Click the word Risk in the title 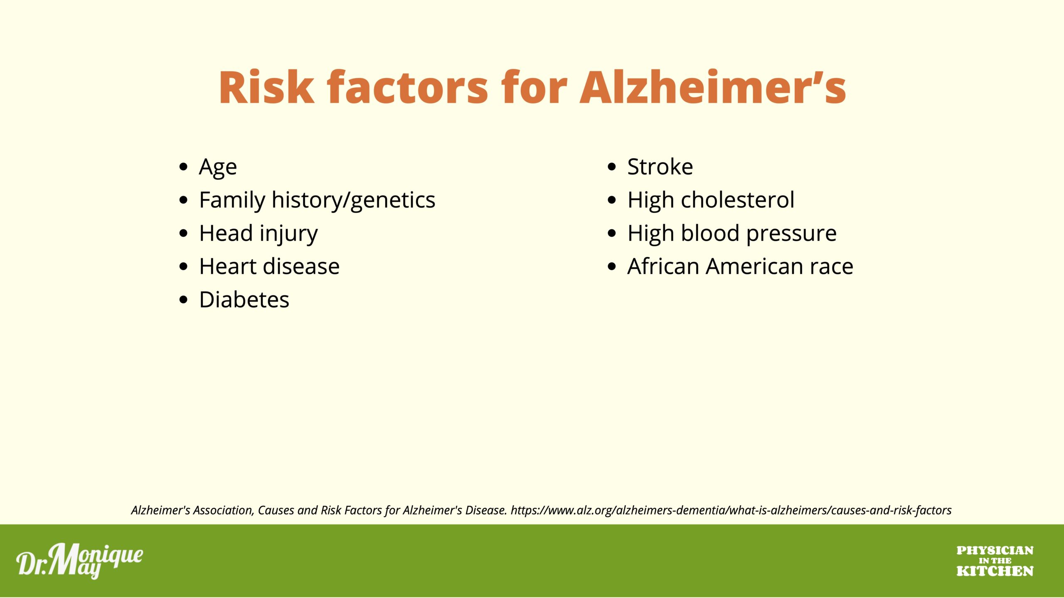click(x=266, y=87)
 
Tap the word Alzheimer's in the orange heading click(x=713, y=87)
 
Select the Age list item click(x=218, y=167)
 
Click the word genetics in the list click(x=393, y=201)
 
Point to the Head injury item click(x=259, y=234)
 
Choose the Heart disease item click(x=269, y=266)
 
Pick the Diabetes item click(x=244, y=299)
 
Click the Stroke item click(x=660, y=167)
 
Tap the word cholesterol click(x=738, y=200)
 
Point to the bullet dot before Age click(x=183, y=167)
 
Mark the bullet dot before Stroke click(x=611, y=167)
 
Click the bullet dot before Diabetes click(x=183, y=300)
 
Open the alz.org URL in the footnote click(x=731, y=510)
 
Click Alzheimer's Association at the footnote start click(x=192, y=510)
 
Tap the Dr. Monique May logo click(x=80, y=561)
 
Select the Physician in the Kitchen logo click(x=995, y=561)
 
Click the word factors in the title click(x=407, y=87)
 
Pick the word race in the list click(x=831, y=267)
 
